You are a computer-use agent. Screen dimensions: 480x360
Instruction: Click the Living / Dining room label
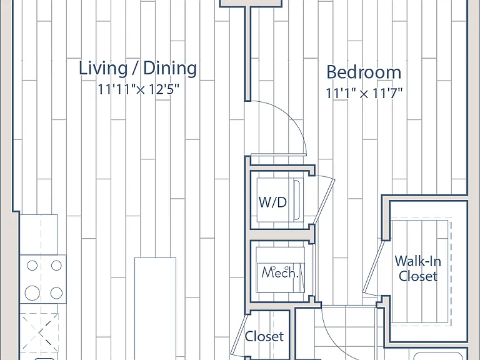[137, 68]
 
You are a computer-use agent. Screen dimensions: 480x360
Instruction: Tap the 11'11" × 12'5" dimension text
[137, 89]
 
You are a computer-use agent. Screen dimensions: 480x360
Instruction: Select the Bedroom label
[364, 72]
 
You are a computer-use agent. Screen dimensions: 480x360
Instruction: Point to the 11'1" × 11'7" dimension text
[364, 93]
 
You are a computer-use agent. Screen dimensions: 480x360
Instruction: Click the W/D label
[272, 202]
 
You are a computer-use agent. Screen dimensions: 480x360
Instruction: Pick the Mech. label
[280, 272]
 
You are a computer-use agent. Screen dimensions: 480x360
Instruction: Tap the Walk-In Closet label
[418, 269]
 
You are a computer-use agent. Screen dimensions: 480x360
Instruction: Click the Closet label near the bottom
[264, 336]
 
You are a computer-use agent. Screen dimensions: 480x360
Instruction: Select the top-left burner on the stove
[32, 266]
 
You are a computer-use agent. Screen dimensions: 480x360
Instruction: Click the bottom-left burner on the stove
[32, 293]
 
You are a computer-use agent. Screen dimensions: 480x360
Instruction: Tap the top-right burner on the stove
[56, 266]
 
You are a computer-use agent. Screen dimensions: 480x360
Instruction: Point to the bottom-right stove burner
[56, 293]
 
